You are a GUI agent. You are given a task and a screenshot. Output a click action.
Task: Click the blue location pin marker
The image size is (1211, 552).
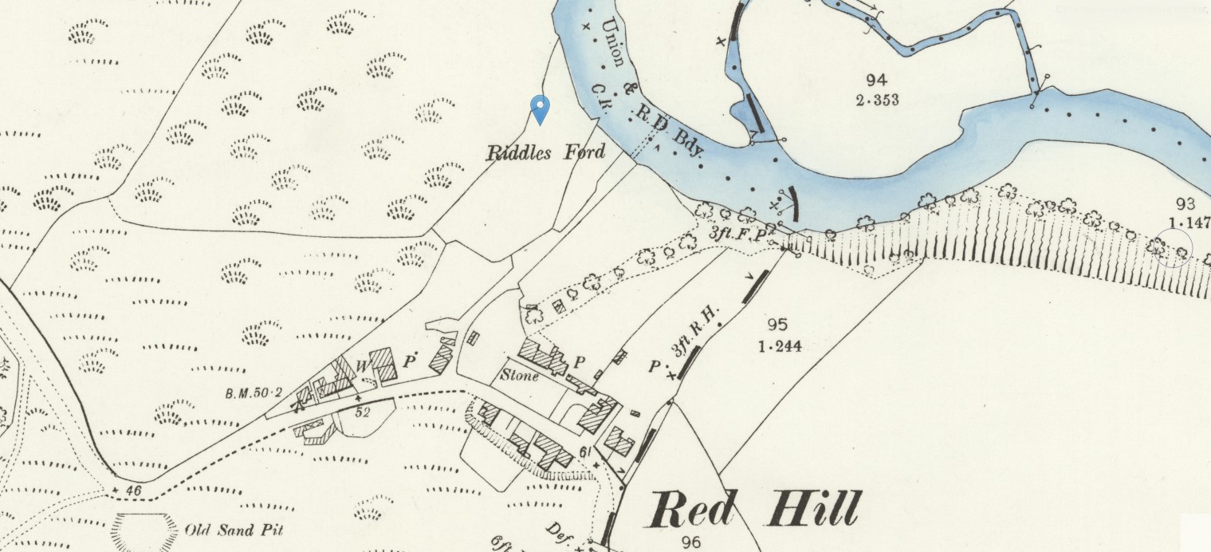[x=541, y=108]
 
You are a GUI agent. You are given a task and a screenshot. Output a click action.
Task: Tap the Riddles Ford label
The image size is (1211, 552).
[x=545, y=152]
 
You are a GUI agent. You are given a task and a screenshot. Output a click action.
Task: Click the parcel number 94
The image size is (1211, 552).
[x=876, y=80]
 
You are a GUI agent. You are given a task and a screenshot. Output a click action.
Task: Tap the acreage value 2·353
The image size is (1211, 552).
[x=876, y=100]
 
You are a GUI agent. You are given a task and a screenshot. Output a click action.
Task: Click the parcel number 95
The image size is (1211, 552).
[x=777, y=325]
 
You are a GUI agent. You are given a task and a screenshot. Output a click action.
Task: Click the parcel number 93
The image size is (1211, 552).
[x=1186, y=203]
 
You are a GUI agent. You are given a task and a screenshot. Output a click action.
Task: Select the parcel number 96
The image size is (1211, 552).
[x=691, y=542]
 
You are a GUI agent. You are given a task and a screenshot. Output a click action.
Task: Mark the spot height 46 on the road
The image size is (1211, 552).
[x=132, y=491]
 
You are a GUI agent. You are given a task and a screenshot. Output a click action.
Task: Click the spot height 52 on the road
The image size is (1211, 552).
[x=364, y=412]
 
